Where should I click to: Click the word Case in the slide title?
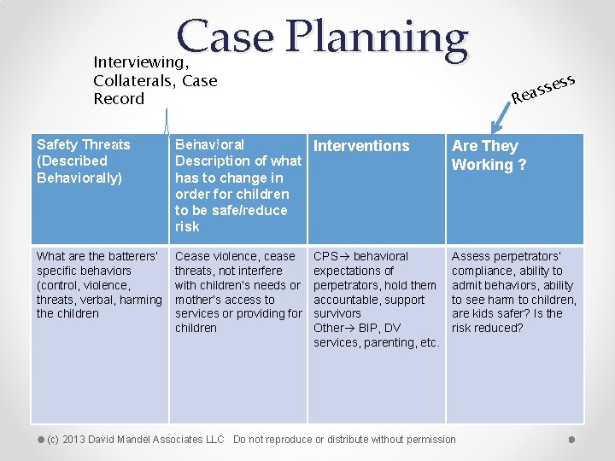(x=227, y=38)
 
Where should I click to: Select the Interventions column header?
(x=361, y=146)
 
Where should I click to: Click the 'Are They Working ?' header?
(x=489, y=155)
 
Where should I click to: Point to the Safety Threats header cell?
(x=84, y=160)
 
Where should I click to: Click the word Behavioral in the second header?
(x=209, y=144)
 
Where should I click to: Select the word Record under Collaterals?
(x=119, y=98)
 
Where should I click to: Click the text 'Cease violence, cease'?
(x=235, y=256)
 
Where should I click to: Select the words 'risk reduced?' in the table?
(x=487, y=328)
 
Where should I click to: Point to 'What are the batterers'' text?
(x=97, y=256)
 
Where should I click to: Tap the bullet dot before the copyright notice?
(x=40, y=440)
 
